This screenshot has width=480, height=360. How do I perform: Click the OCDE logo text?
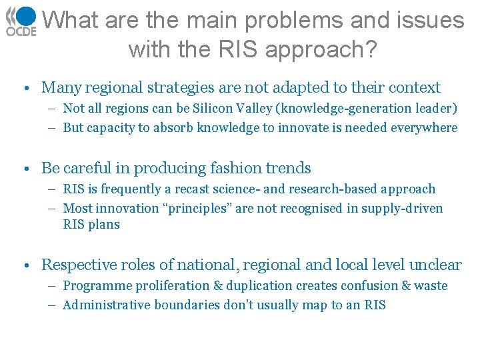(21, 31)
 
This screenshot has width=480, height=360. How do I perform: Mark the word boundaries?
(187, 305)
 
